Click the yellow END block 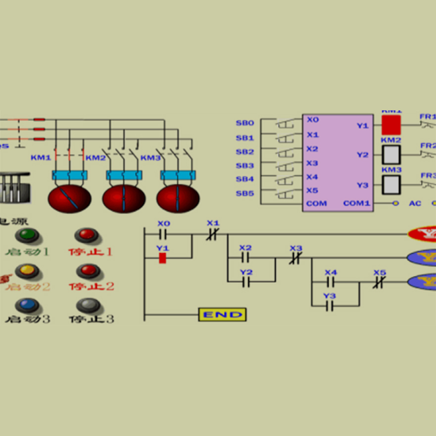[x=222, y=314]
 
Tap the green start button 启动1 [x=28, y=235]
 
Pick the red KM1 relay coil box [x=390, y=125]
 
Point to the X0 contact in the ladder [x=163, y=234]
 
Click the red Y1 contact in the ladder [x=162, y=258]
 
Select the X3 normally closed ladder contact [x=295, y=258]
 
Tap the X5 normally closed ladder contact [x=379, y=282]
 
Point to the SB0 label [x=244, y=123]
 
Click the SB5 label [x=244, y=193]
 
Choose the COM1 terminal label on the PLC [x=356, y=203]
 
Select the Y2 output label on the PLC [x=363, y=155]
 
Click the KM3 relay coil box [x=391, y=185]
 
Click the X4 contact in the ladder [x=330, y=282]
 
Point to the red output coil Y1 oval [x=422, y=234]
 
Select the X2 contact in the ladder [x=245, y=258]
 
